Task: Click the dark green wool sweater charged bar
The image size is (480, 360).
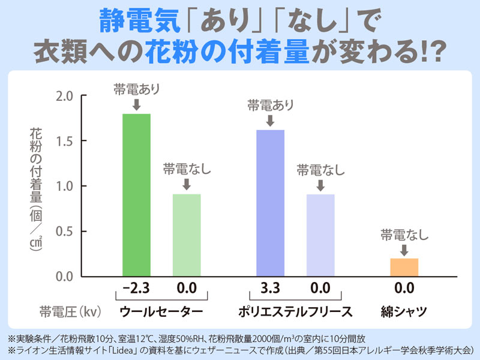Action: (x=136, y=195)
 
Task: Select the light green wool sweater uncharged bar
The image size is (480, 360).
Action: (x=187, y=235)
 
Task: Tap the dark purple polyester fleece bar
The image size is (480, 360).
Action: (x=270, y=203)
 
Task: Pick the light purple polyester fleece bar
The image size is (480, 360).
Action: (x=320, y=235)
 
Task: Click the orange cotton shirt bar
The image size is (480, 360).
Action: (x=404, y=267)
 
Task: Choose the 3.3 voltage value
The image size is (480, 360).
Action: (x=271, y=289)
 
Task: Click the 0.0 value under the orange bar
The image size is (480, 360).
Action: (x=404, y=289)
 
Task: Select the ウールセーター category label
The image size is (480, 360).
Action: (x=161, y=311)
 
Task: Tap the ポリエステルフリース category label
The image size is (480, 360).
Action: (x=295, y=311)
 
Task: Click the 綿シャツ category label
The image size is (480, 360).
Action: (x=404, y=311)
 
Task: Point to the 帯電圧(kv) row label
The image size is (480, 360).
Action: (x=70, y=311)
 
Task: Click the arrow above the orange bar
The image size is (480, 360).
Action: (x=404, y=249)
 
